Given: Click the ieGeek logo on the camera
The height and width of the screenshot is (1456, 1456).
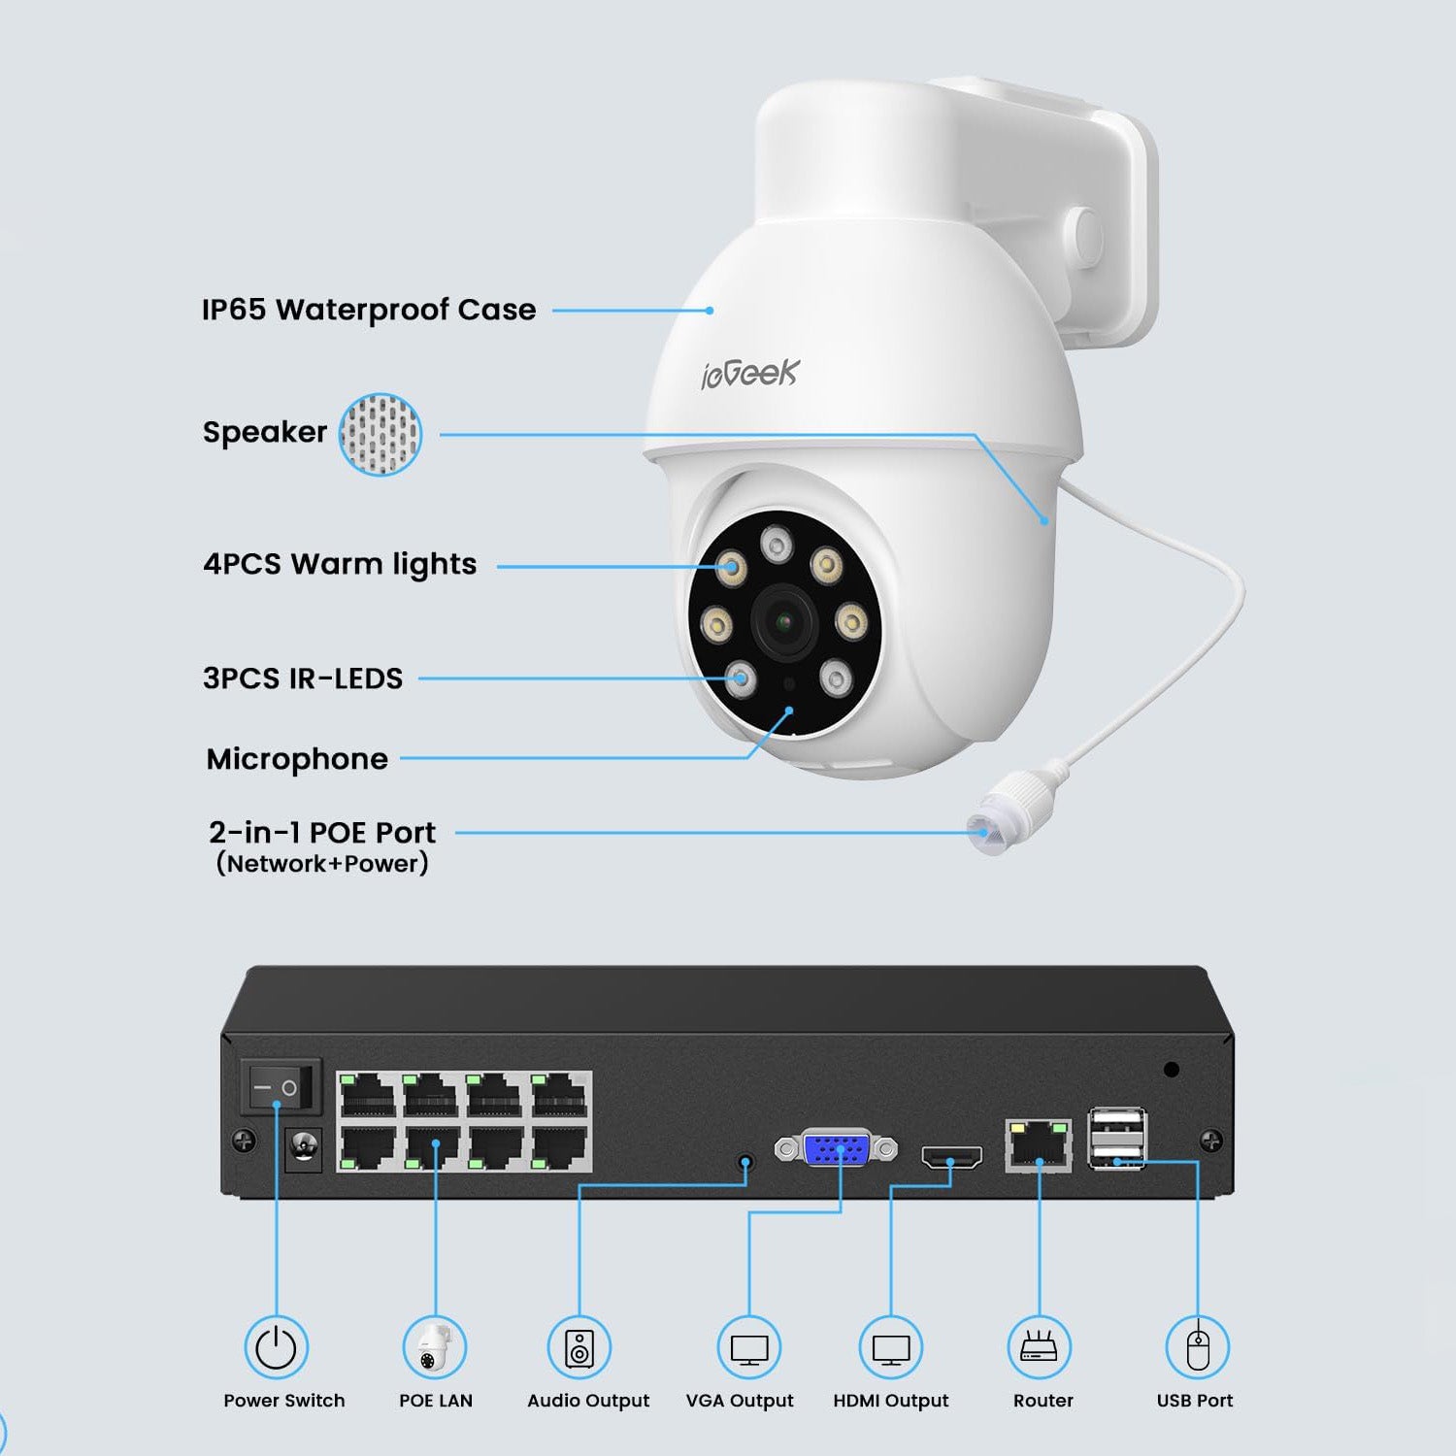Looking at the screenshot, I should click(x=749, y=373).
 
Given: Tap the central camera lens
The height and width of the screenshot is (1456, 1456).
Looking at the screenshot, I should click(x=784, y=622).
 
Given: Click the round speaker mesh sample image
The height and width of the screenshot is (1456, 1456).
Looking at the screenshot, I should click(x=380, y=434).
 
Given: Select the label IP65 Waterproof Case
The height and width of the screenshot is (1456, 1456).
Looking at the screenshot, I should click(x=369, y=310).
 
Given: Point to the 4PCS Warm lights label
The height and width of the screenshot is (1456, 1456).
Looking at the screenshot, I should click(x=340, y=564).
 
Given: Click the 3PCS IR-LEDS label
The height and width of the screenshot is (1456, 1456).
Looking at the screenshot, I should click(x=303, y=678).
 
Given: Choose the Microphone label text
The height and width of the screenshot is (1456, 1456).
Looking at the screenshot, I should click(x=297, y=759).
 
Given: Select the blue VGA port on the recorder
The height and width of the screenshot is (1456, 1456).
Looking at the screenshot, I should click(x=836, y=1149).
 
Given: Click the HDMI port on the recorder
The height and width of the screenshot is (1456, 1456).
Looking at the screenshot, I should click(x=951, y=1156).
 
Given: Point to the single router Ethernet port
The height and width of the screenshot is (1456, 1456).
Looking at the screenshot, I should click(x=1039, y=1145).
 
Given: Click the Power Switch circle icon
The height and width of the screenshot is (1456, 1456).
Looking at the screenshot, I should click(x=276, y=1347).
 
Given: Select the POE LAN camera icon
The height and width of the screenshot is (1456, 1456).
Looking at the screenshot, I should click(x=435, y=1347).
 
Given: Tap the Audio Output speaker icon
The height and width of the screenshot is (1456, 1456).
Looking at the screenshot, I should click(x=579, y=1347).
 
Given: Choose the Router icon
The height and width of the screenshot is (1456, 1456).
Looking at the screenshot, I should click(x=1039, y=1347).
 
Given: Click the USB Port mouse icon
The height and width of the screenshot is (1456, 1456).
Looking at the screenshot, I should click(x=1198, y=1347).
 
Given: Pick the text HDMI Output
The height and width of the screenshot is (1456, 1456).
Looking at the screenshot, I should click(x=890, y=1401).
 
